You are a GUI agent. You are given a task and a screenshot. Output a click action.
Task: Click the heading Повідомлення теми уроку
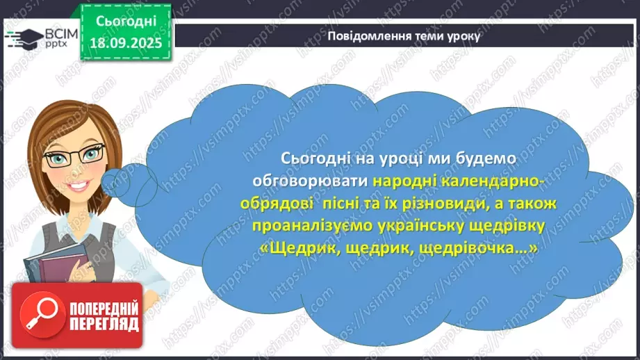click(x=404, y=36)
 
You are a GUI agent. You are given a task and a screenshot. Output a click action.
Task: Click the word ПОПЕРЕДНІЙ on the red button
click(x=103, y=307)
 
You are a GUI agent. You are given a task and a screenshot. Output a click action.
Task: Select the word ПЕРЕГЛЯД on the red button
click(x=103, y=324)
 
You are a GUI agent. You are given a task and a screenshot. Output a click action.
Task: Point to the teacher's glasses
click(x=74, y=156)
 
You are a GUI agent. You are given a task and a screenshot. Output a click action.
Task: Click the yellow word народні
click(x=412, y=181)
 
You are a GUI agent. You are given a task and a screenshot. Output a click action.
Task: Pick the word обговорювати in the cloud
click(x=322, y=181)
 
